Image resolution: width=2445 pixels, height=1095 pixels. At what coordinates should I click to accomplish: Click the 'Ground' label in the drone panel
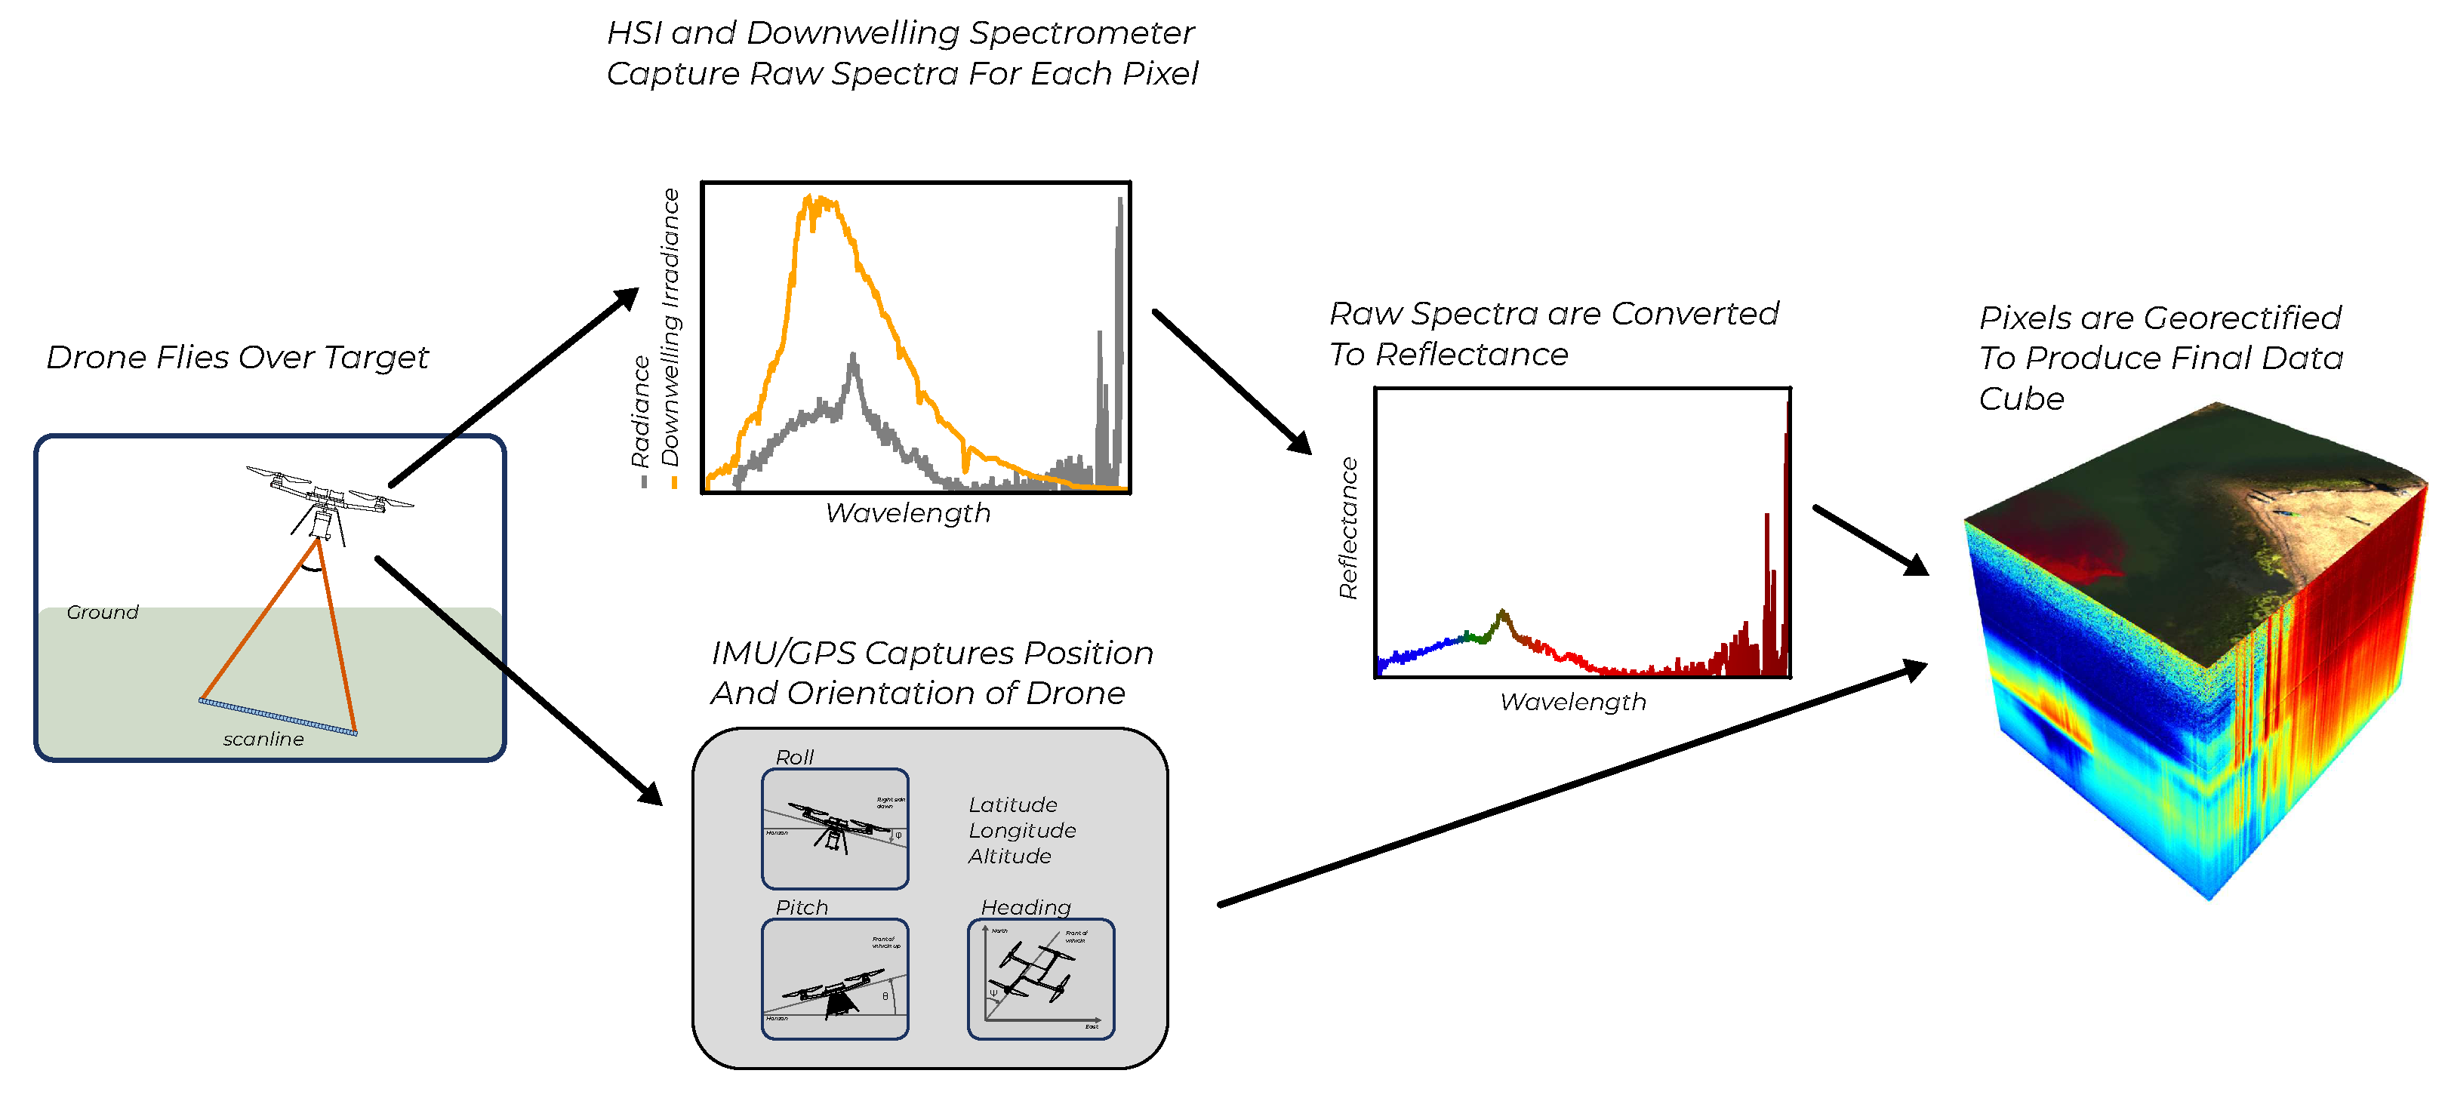pyautogui.click(x=103, y=612)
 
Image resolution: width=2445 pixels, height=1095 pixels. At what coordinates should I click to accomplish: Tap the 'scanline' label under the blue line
pyautogui.click(x=263, y=739)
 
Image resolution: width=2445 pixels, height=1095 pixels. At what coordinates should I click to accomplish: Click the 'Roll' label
pyautogui.click(x=794, y=757)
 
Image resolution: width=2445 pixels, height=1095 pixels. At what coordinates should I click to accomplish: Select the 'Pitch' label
pyautogui.click(x=801, y=907)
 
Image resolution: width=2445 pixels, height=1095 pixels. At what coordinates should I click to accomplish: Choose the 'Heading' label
pyautogui.click(x=1025, y=907)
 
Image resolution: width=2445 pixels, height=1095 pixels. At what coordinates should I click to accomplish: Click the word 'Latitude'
pyautogui.click(x=1013, y=804)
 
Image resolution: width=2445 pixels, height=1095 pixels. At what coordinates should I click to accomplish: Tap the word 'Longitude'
pyautogui.click(x=1022, y=830)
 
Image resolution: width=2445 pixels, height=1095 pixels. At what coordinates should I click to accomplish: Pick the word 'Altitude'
pyautogui.click(x=1010, y=856)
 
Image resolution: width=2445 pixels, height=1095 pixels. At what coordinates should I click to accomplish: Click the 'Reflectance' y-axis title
pyautogui.click(x=1347, y=528)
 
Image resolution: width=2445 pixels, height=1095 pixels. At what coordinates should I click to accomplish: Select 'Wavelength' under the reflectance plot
pyautogui.click(x=1572, y=702)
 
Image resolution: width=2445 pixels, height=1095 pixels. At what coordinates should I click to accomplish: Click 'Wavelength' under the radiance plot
pyautogui.click(x=907, y=513)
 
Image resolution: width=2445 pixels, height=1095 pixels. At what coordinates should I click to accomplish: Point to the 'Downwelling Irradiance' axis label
pyautogui.click(x=671, y=328)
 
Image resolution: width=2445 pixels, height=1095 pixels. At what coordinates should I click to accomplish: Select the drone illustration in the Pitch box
pyautogui.click(x=833, y=989)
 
